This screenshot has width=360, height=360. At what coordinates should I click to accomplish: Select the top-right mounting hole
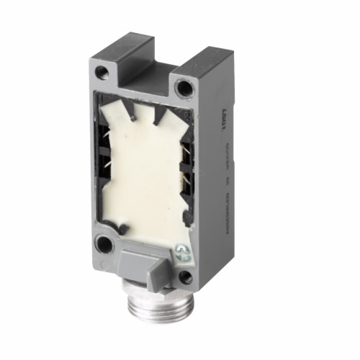pos(185,89)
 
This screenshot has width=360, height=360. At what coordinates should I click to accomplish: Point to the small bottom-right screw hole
pos(186,276)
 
